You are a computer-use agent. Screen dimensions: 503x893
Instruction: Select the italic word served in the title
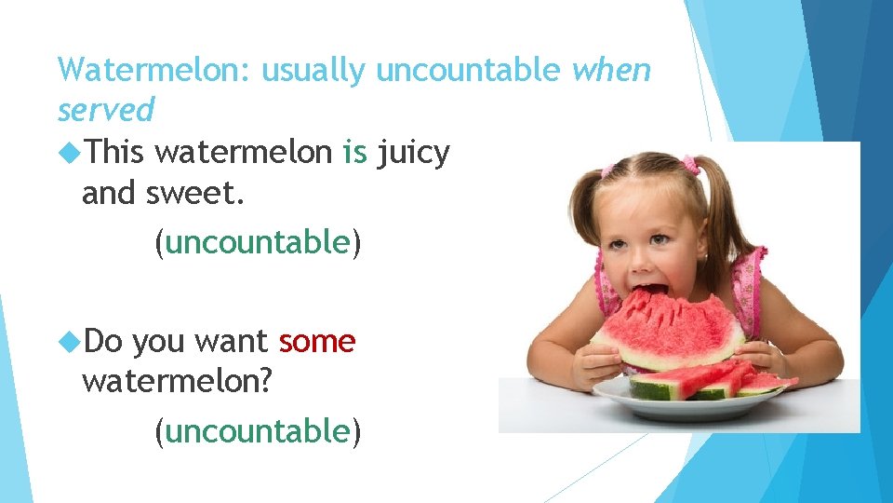pyautogui.click(x=105, y=110)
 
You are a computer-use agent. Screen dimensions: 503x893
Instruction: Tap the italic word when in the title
pyautogui.click(x=611, y=70)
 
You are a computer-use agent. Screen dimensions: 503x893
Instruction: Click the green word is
pyautogui.click(x=354, y=151)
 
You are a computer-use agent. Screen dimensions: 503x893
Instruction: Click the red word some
pyautogui.click(x=317, y=342)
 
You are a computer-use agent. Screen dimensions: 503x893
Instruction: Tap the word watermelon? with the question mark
pyautogui.click(x=176, y=382)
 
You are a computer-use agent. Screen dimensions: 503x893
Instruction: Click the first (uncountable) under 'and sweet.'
pyautogui.click(x=258, y=242)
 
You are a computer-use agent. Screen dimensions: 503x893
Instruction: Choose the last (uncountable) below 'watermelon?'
pyautogui.click(x=258, y=430)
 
